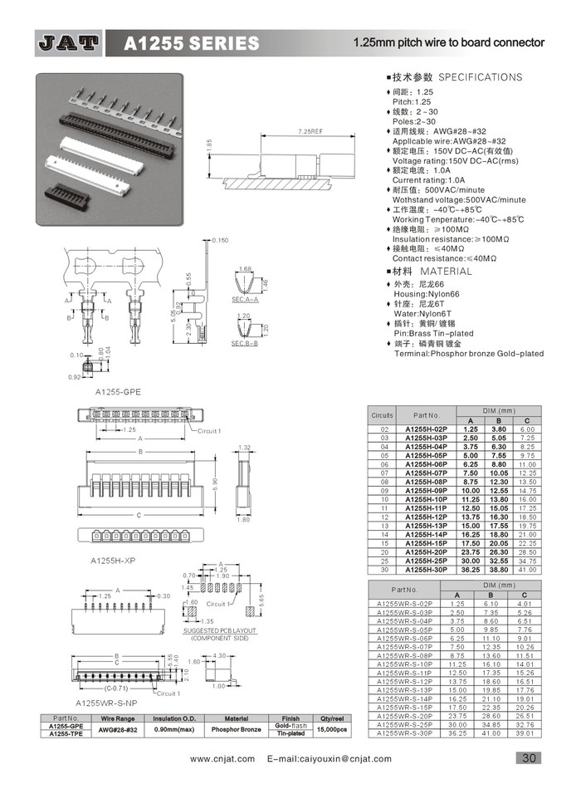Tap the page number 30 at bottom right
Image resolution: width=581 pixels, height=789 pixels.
point(529,757)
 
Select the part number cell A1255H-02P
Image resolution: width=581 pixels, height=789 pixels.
point(426,428)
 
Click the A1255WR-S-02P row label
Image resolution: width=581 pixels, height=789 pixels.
point(404,604)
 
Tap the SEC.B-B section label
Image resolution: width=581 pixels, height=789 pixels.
point(244,343)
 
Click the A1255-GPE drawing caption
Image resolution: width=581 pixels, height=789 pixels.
point(118,390)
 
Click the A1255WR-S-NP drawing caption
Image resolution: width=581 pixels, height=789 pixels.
point(105,703)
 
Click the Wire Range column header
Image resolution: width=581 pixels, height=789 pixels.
point(118,718)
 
